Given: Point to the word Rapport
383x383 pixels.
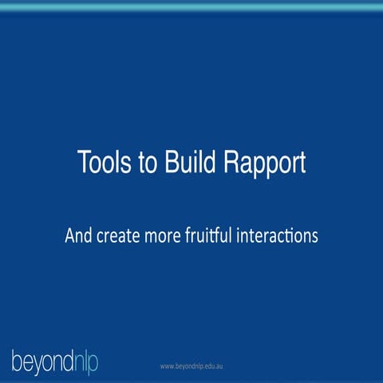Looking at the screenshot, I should pos(263,164).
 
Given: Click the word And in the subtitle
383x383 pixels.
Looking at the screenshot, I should pos(79,237).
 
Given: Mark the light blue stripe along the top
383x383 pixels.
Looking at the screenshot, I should pos(191,6).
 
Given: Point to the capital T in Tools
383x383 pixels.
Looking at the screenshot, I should pos(84,163).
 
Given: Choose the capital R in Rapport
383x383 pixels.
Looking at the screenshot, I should pos(231,163).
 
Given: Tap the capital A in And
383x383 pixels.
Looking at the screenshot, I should pos(69,237).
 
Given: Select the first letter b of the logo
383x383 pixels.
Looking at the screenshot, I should pos(17,360).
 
